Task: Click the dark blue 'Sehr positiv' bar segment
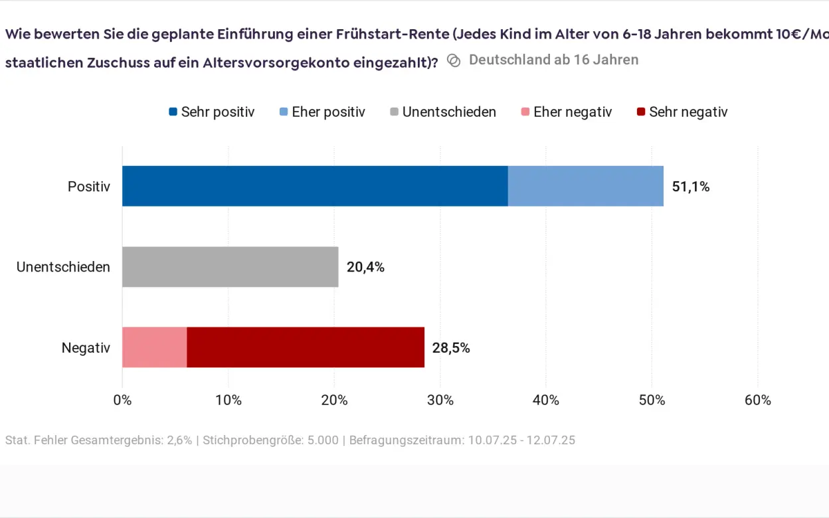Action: pyautogui.click(x=315, y=186)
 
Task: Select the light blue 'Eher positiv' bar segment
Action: pyautogui.click(x=585, y=186)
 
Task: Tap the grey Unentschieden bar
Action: pyautogui.click(x=230, y=267)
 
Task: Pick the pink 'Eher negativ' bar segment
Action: pyautogui.click(x=154, y=347)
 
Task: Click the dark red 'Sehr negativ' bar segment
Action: pyautogui.click(x=306, y=347)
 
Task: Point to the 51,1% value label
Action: pyautogui.click(x=690, y=187)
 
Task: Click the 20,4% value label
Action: pyautogui.click(x=365, y=268)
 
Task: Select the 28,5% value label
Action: pyautogui.click(x=451, y=348)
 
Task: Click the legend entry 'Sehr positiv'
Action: pyautogui.click(x=212, y=112)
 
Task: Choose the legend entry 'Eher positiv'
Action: pyautogui.click(x=322, y=112)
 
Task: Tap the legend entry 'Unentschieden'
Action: pyautogui.click(x=443, y=112)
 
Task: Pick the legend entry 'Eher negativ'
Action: pyautogui.click(x=566, y=112)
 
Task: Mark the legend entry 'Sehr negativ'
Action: pyautogui.click(x=682, y=112)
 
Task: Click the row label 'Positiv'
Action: pyautogui.click(x=89, y=187)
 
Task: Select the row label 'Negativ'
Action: pyautogui.click(x=86, y=348)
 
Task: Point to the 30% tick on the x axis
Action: pyautogui.click(x=440, y=400)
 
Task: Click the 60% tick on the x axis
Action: pyautogui.click(x=758, y=400)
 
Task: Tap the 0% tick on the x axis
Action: pyautogui.click(x=122, y=400)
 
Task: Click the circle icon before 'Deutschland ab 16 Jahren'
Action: pyautogui.click(x=454, y=60)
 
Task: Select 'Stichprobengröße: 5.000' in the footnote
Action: pyautogui.click(x=272, y=440)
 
